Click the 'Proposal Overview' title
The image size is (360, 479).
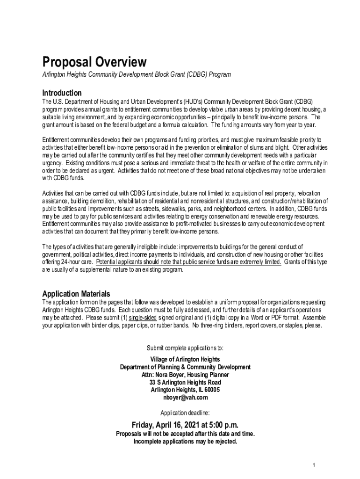(94, 62)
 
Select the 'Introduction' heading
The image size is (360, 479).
(62, 93)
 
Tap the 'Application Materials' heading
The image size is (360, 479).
(76, 294)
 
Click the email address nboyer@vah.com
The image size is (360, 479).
(185, 398)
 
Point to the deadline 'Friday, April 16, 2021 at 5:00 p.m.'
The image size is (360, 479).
(185, 425)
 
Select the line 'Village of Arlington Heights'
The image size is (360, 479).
(185, 359)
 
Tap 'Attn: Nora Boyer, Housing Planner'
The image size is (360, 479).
(185, 375)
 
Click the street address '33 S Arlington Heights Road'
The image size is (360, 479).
(185, 382)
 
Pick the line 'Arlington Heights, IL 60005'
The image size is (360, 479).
(185, 390)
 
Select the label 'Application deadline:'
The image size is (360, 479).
(185, 413)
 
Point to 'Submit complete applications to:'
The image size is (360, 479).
(185, 348)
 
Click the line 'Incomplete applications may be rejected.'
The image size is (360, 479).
(185, 441)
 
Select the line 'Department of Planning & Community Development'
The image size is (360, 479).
(185, 367)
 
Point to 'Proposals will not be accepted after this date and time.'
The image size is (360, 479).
(185, 434)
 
